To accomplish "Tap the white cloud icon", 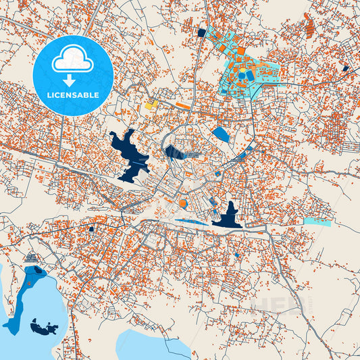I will point(72,61).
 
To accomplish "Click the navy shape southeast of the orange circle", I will point(227,216).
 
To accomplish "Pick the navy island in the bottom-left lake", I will point(43,329).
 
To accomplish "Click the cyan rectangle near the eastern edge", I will point(317,221).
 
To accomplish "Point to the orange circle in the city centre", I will point(182,203).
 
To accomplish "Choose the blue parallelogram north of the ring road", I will point(220,134).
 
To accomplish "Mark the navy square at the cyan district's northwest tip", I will point(201,32).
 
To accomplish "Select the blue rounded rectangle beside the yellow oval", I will point(251,76).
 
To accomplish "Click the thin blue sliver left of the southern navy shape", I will point(192,220).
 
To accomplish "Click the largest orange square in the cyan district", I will point(240,51).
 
